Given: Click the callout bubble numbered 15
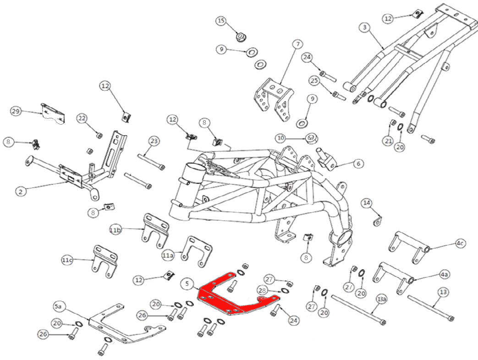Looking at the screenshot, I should [221, 21].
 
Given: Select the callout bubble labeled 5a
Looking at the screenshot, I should [59, 305].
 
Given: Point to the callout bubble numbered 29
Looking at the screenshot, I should [16, 111].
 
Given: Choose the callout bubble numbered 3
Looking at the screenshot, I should [364, 28].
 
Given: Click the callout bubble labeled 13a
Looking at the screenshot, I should [382, 299].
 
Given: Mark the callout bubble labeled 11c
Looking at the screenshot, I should [67, 260].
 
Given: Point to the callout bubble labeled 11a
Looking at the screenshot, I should [167, 254].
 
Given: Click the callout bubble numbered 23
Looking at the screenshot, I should [154, 141].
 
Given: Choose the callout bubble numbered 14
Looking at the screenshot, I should [367, 203].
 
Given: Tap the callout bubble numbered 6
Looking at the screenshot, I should [358, 163].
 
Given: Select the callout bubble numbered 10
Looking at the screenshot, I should [281, 138].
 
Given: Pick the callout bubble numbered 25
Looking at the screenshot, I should [314, 81].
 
